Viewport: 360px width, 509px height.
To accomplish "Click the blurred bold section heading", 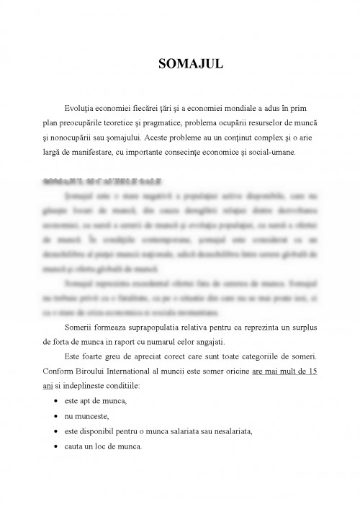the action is coord(101,181).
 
